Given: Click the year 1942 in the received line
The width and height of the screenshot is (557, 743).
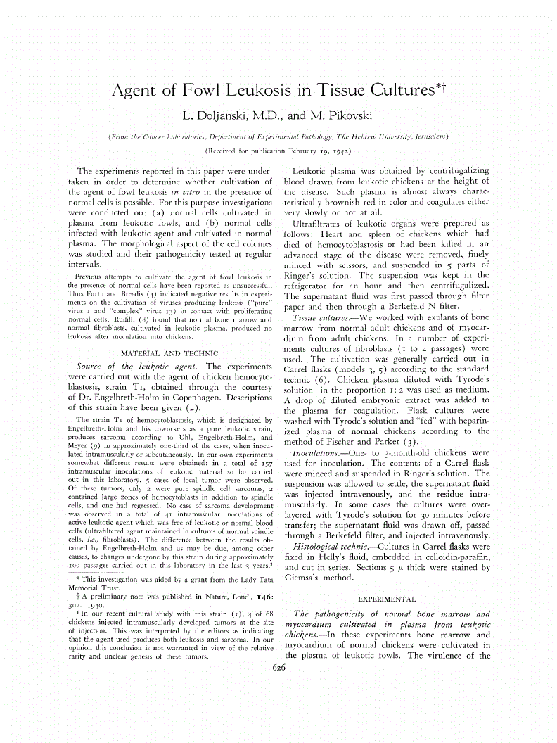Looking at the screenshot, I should click(340, 150).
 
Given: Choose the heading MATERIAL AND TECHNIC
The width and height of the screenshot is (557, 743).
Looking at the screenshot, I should click(170, 352).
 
